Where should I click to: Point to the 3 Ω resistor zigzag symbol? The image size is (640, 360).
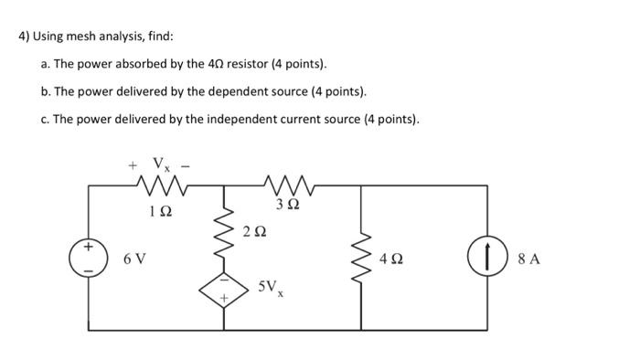pyautogui.click(x=293, y=187)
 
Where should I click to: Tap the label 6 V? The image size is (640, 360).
pyautogui.click(x=133, y=259)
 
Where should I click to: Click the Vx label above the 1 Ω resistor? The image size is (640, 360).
pyautogui.click(x=161, y=165)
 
